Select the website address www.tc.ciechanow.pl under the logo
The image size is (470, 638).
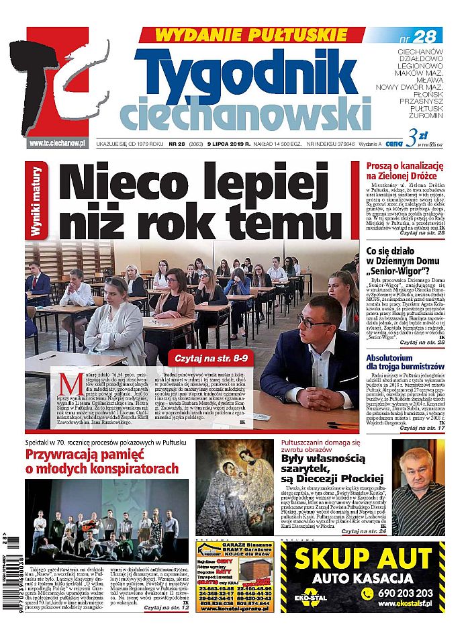click(58, 143)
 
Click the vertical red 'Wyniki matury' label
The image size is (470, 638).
click(36, 202)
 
